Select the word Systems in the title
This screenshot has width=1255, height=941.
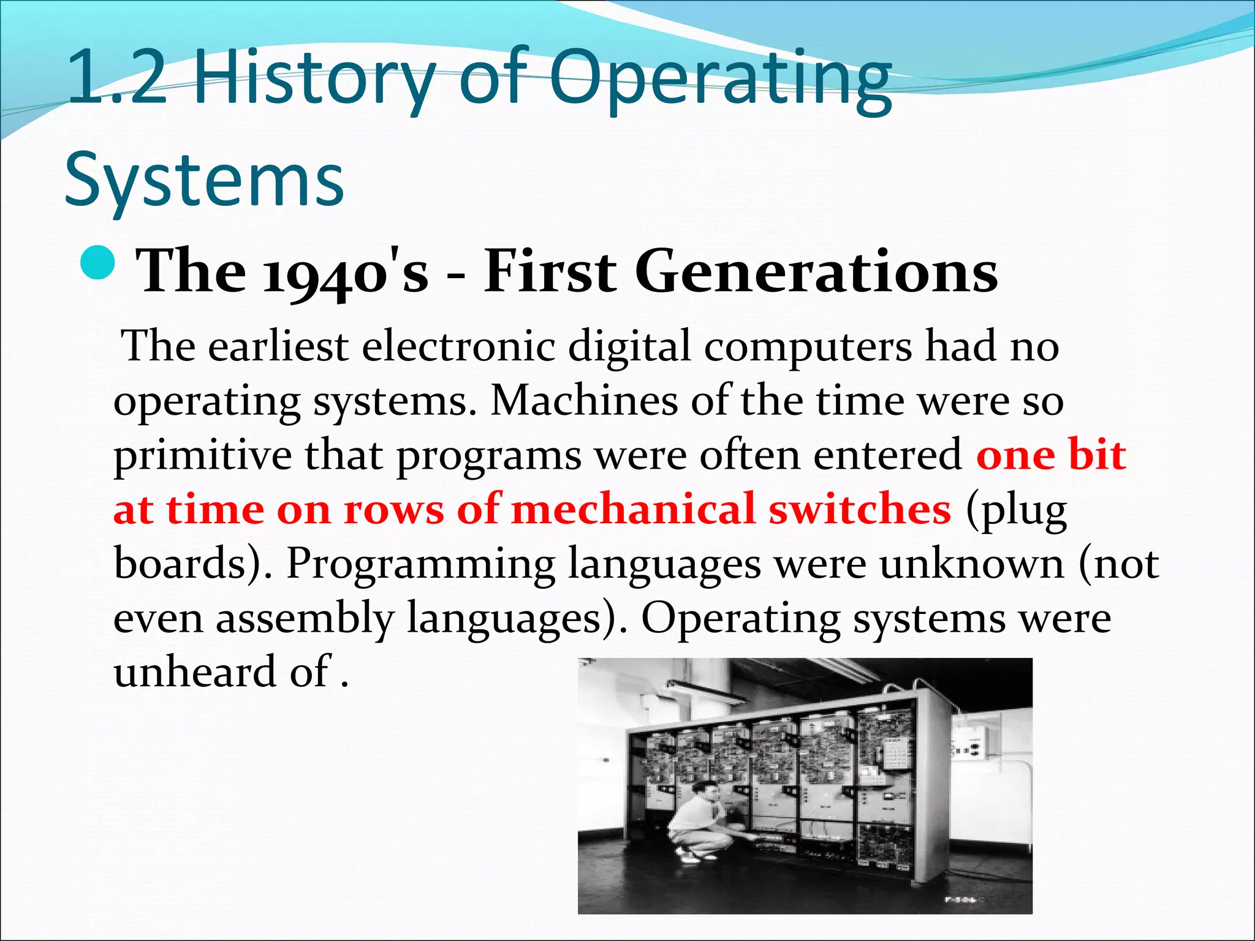click(x=204, y=181)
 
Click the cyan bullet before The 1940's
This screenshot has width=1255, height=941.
click(x=97, y=263)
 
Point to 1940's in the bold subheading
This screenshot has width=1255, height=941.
click(x=346, y=273)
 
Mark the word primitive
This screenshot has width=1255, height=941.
click(x=202, y=456)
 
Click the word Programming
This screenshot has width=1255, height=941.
click(x=420, y=564)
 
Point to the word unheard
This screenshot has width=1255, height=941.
click(x=195, y=672)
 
